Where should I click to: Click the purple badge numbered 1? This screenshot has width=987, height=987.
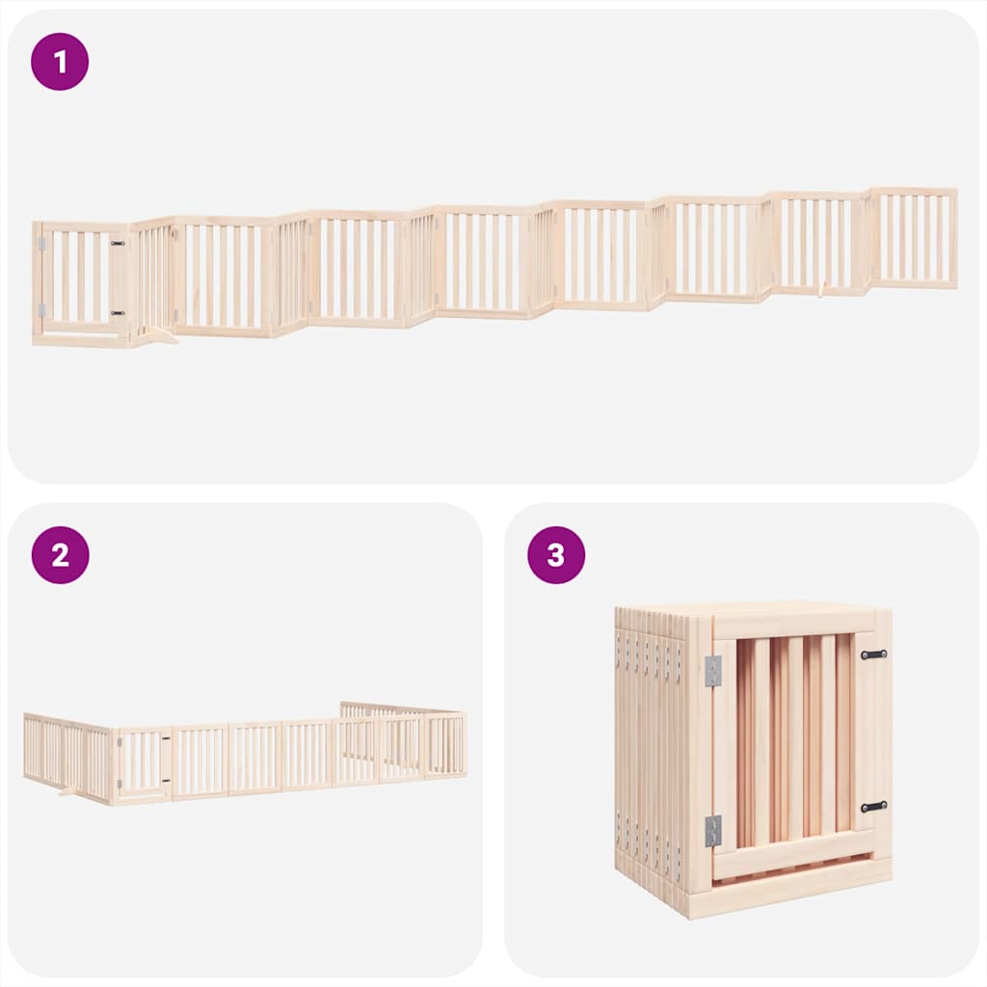(60, 62)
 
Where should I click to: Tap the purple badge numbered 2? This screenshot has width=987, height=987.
(60, 555)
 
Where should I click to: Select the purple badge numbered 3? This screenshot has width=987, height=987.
(556, 555)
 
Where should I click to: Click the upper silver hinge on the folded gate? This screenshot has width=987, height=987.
(712, 671)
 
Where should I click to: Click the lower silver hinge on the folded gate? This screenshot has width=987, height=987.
(712, 830)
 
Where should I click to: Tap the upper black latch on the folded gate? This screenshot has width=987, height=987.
(873, 654)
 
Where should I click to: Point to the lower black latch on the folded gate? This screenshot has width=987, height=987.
(873, 806)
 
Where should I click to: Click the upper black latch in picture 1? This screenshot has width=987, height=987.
(118, 245)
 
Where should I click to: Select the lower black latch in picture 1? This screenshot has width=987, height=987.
(118, 312)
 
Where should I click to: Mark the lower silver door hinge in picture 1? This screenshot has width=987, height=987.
(40, 309)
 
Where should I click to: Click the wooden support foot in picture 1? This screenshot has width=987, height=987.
(162, 334)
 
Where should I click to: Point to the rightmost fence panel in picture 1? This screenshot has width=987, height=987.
(912, 238)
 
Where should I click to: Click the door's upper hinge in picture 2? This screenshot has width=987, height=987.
(119, 742)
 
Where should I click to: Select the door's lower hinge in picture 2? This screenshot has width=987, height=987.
(119, 782)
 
